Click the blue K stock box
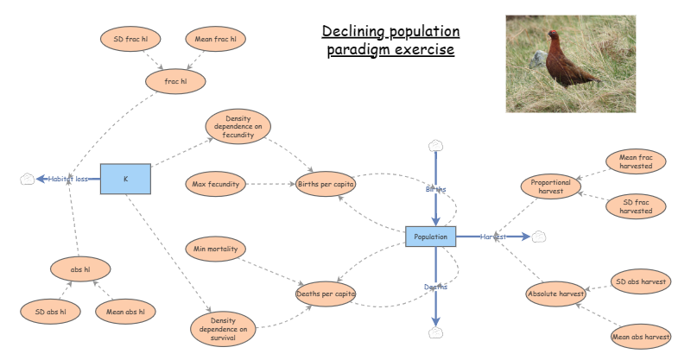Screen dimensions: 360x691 coord(125,179)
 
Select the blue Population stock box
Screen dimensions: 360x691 coord(431,236)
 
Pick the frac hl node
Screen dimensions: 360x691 coord(176,81)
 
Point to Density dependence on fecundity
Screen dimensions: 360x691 coord(237,125)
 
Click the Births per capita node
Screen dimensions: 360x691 coord(326,183)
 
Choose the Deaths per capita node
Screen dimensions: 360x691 coord(326,294)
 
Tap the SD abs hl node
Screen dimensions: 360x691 coord(51,311)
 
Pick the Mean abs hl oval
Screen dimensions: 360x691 coord(125,311)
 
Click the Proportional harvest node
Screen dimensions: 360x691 coord(552,186)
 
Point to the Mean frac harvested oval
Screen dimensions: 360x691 coord(636,161)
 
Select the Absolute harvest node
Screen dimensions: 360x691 coord(555,294)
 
